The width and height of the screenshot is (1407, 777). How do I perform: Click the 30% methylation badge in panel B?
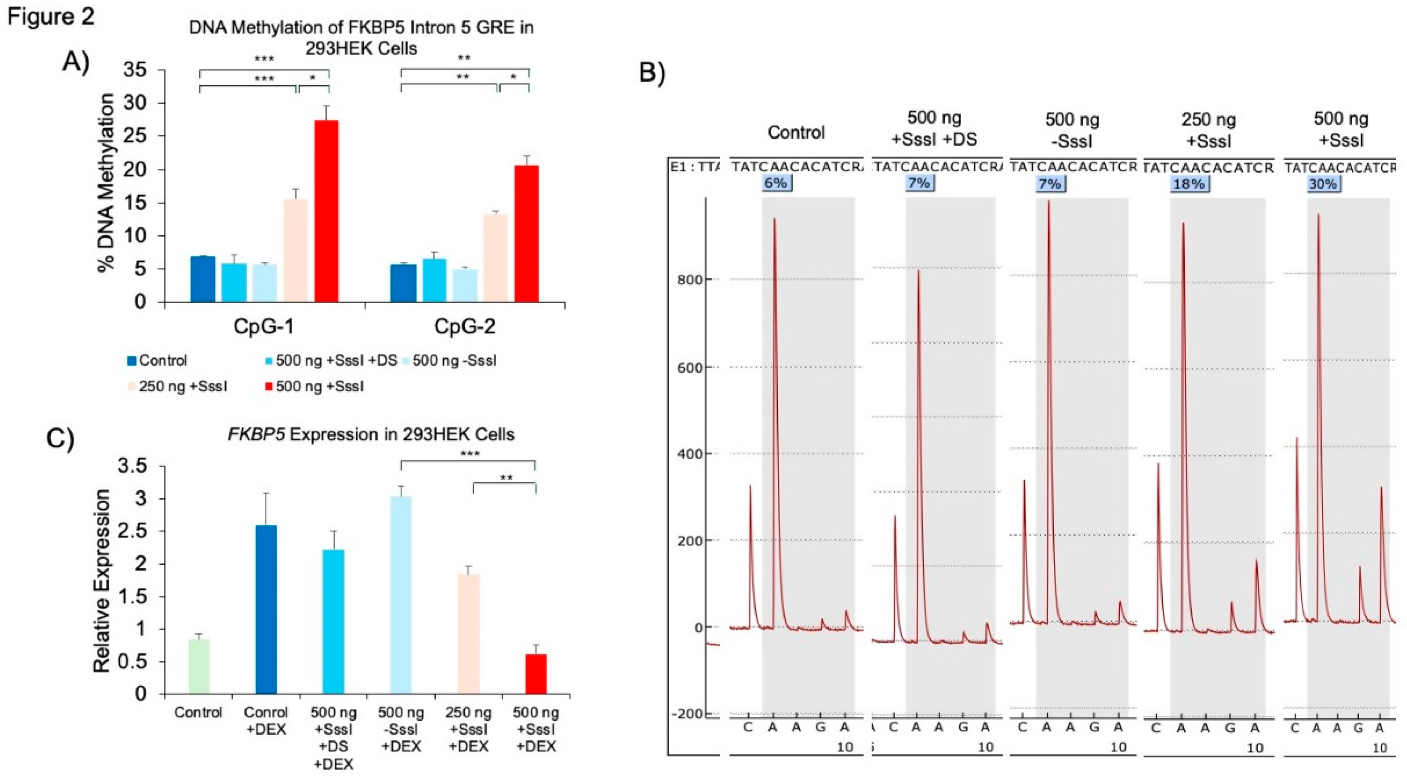1323,184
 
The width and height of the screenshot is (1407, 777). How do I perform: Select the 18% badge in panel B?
1189,184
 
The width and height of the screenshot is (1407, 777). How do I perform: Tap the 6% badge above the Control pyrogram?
776,183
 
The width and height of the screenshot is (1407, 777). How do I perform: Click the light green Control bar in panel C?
199,666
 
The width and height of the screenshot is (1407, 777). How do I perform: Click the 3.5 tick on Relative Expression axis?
133,466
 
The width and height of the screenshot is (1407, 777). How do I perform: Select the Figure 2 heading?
50,16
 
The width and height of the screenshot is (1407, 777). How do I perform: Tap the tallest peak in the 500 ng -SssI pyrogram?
1049,203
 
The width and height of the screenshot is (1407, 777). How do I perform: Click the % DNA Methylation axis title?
107,183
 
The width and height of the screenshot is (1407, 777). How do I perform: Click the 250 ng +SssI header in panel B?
1208,130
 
